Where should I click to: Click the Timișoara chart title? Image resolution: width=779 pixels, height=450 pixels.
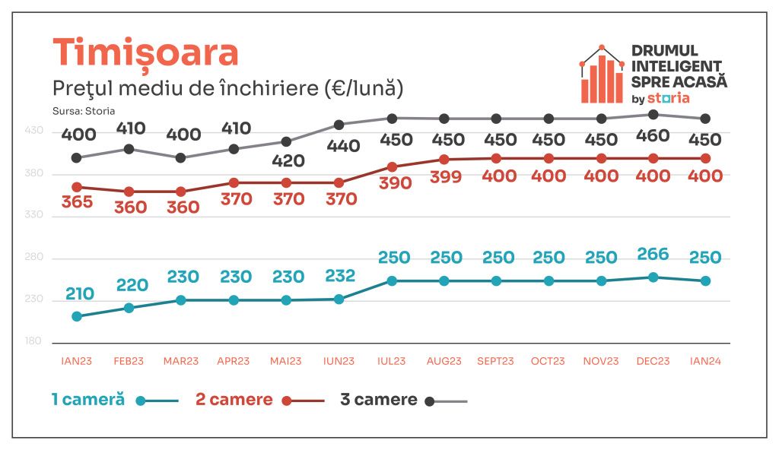click(145, 52)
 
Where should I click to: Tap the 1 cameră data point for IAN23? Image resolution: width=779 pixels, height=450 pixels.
click(76, 316)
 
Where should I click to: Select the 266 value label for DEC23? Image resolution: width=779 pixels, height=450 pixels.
click(653, 257)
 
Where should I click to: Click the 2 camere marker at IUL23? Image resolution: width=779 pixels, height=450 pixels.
click(392, 166)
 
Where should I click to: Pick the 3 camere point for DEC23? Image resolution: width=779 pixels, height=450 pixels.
click(653, 114)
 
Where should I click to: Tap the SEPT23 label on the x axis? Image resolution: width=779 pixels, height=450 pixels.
click(496, 361)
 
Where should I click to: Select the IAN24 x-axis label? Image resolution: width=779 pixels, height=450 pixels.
click(705, 361)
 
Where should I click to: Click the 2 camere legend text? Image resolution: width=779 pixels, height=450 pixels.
click(234, 400)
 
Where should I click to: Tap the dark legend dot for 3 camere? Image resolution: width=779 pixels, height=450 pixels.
click(429, 401)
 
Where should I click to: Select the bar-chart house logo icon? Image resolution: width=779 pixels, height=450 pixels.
click(601, 74)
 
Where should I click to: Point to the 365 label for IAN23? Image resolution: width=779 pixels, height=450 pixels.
click(76, 203)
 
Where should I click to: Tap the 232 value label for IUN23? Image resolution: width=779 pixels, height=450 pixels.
click(339, 276)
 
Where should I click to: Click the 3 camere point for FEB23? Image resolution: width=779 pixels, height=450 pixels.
click(129, 149)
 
